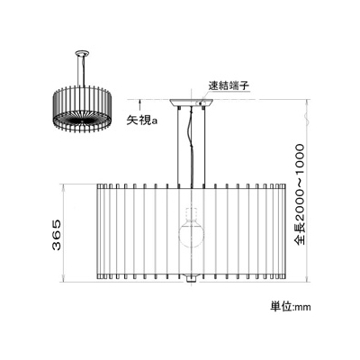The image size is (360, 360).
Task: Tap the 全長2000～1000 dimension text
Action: (300, 194)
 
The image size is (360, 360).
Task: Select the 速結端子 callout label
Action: (229, 86)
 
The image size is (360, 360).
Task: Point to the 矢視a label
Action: (141, 121)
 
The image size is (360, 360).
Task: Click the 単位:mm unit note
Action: (291, 307)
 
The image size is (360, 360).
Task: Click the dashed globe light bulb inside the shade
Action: (191, 233)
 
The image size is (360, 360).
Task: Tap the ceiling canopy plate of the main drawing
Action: (191, 103)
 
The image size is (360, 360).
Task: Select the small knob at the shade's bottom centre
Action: (191, 279)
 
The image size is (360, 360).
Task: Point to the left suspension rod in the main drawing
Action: (178, 145)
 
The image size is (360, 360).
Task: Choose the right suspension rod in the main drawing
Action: (204, 145)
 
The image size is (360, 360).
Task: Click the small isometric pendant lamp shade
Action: (83, 109)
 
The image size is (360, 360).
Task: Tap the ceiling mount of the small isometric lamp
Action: (82, 54)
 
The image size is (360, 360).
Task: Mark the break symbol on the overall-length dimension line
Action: (306, 116)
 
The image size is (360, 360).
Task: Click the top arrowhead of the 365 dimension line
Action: (63, 187)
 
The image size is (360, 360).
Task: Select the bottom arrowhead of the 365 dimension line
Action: (63, 279)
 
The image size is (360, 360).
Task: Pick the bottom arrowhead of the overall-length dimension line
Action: (306, 279)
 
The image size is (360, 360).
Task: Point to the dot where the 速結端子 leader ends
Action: (201, 103)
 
